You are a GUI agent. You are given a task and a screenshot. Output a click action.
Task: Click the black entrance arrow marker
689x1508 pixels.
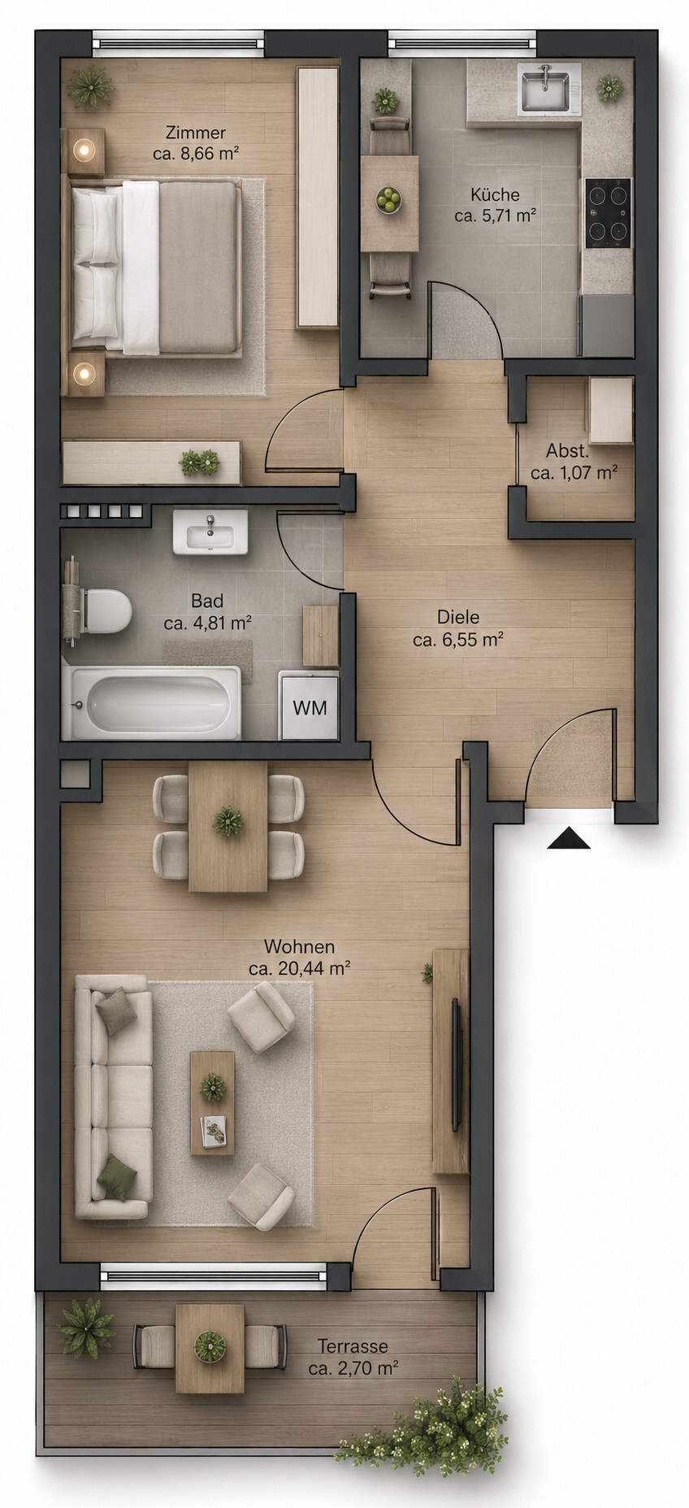(569, 838)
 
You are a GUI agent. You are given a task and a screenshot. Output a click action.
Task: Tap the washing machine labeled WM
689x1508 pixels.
(309, 706)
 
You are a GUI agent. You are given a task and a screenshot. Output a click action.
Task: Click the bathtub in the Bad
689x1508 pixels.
(152, 703)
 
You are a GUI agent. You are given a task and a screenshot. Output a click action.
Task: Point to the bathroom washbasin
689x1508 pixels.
(210, 532)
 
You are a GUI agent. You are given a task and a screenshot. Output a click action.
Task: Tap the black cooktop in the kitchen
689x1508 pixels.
(608, 213)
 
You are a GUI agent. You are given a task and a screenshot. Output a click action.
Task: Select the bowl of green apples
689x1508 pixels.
(389, 199)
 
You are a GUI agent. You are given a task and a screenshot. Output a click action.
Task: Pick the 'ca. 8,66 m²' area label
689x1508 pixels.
(195, 153)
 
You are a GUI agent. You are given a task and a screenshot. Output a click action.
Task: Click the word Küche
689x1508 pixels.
(495, 194)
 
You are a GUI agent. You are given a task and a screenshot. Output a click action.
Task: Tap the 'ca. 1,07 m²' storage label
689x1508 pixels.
(574, 472)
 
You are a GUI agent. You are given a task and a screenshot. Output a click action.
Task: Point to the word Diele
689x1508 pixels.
(458, 617)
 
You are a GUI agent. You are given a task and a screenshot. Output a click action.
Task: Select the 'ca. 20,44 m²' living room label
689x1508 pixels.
(300, 968)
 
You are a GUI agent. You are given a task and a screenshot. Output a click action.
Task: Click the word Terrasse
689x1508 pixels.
(353, 1345)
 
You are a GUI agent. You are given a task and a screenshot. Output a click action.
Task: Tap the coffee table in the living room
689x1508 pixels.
(213, 1102)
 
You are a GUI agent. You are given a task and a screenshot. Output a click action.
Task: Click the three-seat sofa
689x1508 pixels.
(113, 1097)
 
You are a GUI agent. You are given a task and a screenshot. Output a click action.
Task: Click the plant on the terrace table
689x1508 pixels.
(210, 1346)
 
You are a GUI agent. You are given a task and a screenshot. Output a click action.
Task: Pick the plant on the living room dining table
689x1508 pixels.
(227, 822)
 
